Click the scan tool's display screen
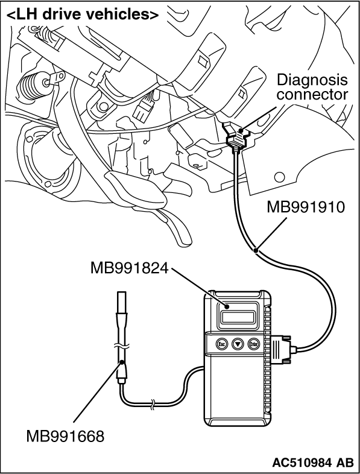pos(238,317)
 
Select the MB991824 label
pos(129,268)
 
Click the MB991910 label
pos(305,207)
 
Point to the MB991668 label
pos(65,436)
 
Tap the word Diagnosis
pos(312,80)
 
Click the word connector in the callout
pos(312,94)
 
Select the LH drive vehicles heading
pos(82,14)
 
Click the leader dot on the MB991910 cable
pos(256,250)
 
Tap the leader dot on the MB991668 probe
pos(122,362)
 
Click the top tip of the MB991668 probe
pos(122,292)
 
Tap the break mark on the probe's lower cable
pos(153,404)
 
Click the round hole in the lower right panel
pos(280,177)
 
